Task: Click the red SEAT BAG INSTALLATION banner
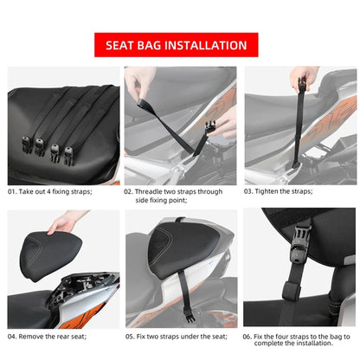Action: coord(180,45)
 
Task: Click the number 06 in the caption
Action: coord(248,335)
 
